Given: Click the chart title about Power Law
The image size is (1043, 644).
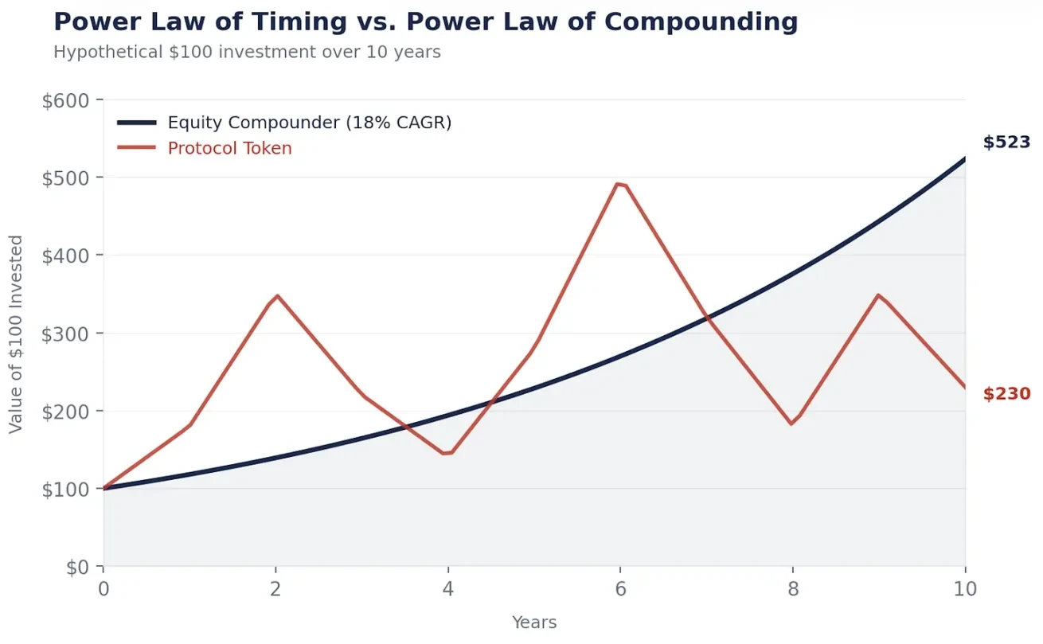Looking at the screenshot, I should (425, 22).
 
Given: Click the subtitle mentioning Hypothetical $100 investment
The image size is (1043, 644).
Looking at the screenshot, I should (247, 53).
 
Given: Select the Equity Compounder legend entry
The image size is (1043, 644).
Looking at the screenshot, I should (309, 123).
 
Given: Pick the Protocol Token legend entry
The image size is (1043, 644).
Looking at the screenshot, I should (229, 148).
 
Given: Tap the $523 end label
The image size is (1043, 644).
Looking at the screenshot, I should (1006, 142).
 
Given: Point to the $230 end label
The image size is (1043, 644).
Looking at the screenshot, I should (1006, 393).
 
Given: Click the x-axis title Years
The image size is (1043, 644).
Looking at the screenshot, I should (534, 623).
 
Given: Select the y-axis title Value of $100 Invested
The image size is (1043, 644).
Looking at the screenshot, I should (16, 334).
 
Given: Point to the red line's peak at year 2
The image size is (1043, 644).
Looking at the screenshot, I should (276, 295).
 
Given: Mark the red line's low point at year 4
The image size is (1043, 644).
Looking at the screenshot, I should (447, 453).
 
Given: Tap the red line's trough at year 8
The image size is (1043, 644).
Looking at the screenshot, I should (791, 423).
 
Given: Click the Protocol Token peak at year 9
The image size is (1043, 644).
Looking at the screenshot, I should (878, 295).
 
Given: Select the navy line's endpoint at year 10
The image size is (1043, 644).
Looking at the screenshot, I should (964, 158).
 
